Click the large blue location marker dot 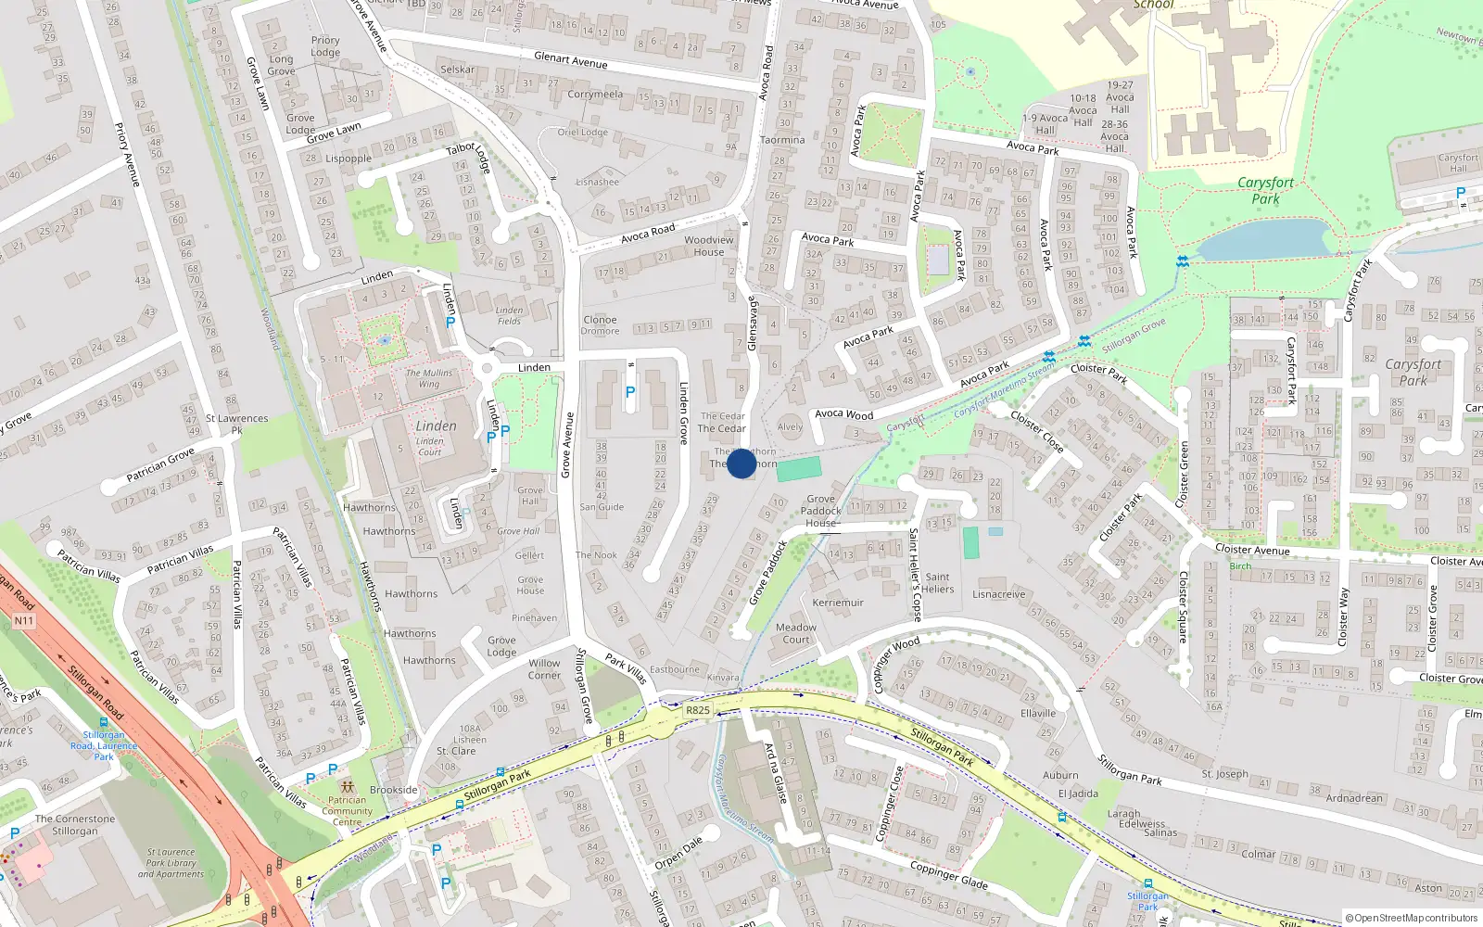pos(741,463)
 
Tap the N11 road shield pos(23,621)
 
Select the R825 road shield pos(698,710)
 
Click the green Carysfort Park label pos(1265,190)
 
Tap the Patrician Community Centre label pos(348,811)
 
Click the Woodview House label pos(709,246)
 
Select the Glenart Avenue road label pos(570,60)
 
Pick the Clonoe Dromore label pos(601,325)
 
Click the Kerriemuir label pos(838,603)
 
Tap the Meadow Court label pos(796,633)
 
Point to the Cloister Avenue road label pos(1252,550)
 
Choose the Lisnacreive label pos(999,594)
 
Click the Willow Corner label pos(544,668)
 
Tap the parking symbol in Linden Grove pos(630,392)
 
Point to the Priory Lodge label pos(325,46)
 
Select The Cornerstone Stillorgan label pos(75,825)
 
